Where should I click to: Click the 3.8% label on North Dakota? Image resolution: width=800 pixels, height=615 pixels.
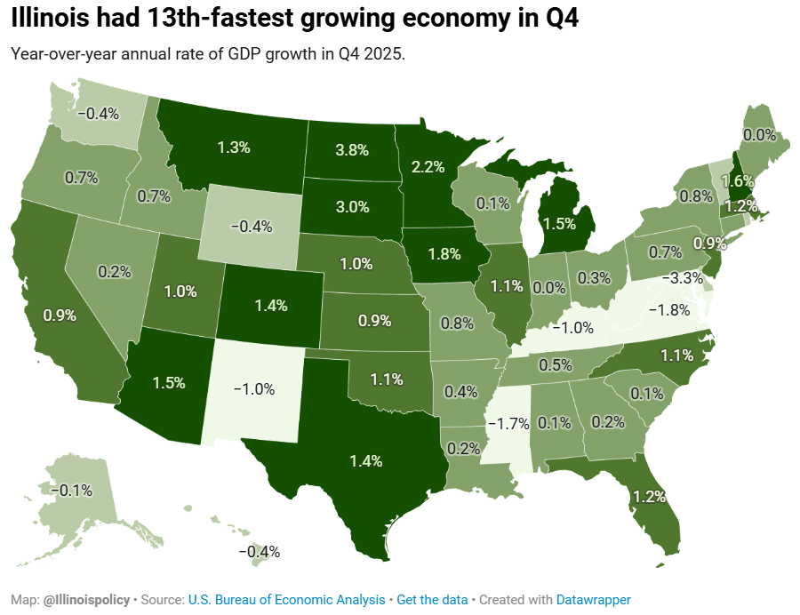pyautogui.click(x=352, y=150)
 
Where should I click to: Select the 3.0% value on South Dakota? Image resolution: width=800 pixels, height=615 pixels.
pyautogui.click(x=352, y=207)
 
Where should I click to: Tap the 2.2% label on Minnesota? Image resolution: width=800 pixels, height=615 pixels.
pyautogui.click(x=428, y=166)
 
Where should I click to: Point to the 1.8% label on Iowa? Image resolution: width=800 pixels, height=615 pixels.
pyautogui.click(x=444, y=253)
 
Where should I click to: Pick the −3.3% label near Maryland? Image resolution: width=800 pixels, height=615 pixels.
pyautogui.click(x=686, y=278)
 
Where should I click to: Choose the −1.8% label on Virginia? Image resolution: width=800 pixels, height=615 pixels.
pyautogui.click(x=668, y=310)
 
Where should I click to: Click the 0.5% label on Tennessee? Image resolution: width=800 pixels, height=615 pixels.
pyautogui.click(x=555, y=364)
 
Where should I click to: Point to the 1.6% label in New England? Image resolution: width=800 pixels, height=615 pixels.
pyautogui.click(x=736, y=180)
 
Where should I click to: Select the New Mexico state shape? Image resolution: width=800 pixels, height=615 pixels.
pyautogui.click(x=253, y=391)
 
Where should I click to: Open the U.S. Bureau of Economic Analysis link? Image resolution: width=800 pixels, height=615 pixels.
pyautogui.click(x=287, y=600)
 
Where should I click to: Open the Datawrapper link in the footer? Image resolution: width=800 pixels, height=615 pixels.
pyautogui.click(x=594, y=600)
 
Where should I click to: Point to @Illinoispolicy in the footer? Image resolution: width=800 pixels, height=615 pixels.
pyautogui.click(x=86, y=600)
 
